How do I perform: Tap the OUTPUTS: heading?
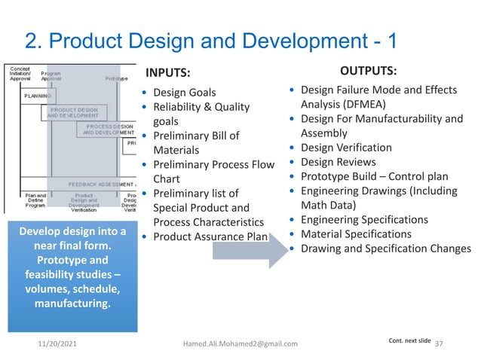[369, 71]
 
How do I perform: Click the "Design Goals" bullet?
[185, 93]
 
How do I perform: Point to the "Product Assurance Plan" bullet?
[210, 236]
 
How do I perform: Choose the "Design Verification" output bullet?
[346, 148]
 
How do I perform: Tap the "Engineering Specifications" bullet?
[364, 219]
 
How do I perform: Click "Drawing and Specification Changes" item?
[385, 249]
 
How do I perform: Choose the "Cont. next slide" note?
[409, 340]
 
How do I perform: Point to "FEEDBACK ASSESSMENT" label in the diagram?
[101, 184]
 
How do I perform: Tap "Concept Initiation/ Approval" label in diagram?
[20, 74]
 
